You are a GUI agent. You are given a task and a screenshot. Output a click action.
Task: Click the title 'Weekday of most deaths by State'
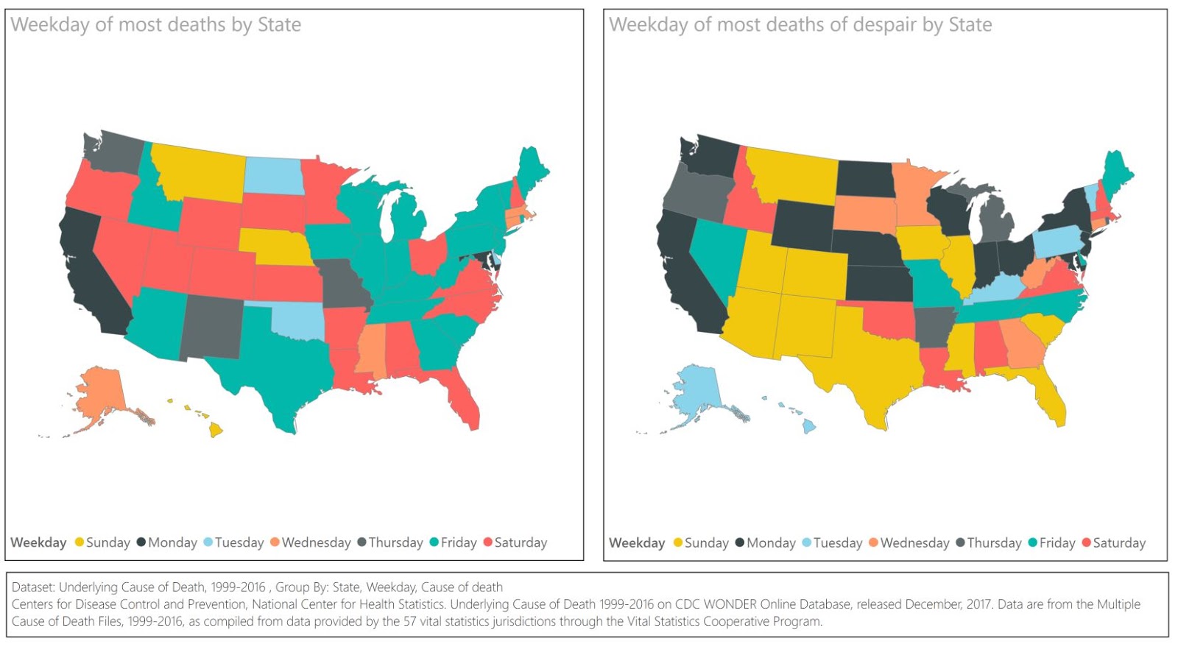tap(155, 25)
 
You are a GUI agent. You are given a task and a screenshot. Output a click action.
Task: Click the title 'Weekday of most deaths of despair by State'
tap(800, 25)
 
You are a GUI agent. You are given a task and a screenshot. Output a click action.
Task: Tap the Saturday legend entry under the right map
tap(1112, 542)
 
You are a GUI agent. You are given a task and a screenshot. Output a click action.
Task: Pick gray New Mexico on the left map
tap(212, 328)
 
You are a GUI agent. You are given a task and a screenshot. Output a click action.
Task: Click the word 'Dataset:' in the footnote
tap(33, 587)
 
